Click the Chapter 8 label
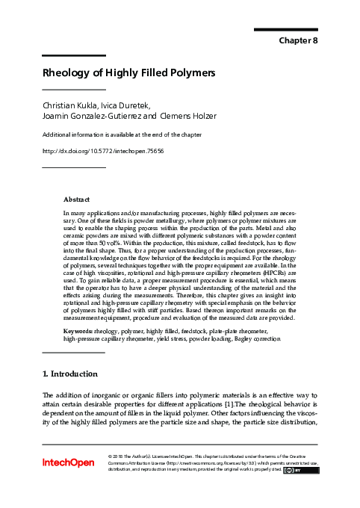[298, 40]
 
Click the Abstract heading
[76, 199]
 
